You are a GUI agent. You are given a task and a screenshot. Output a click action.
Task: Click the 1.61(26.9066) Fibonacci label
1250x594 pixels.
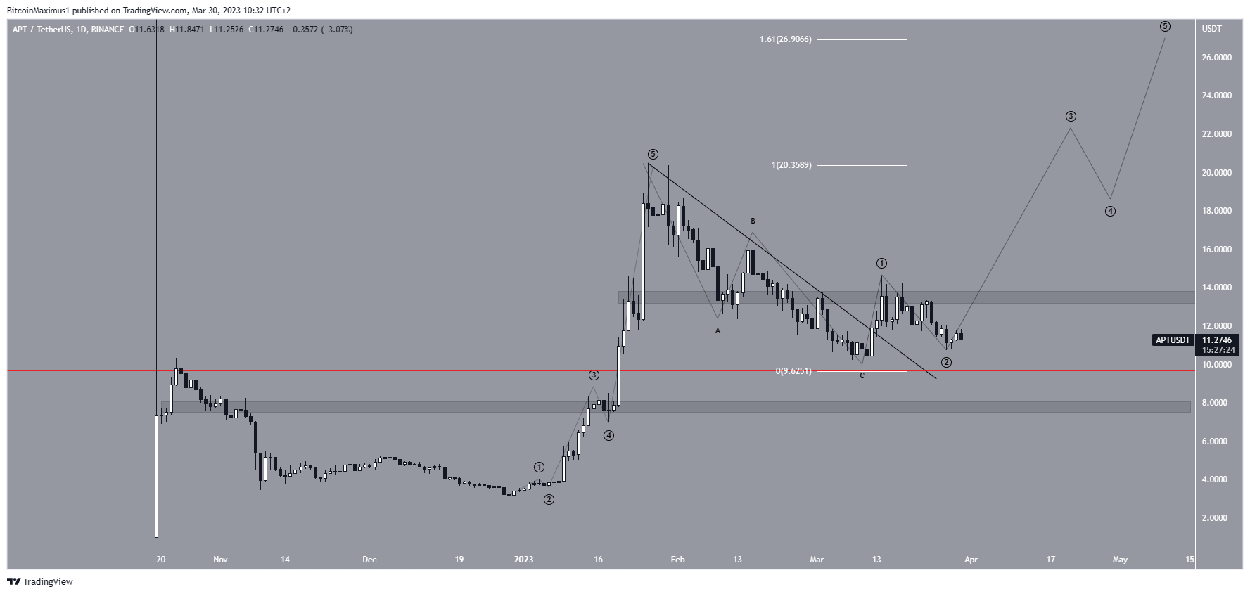click(x=785, y=39)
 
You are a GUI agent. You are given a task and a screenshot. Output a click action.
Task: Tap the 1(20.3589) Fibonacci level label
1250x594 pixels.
click(x=791, y=165)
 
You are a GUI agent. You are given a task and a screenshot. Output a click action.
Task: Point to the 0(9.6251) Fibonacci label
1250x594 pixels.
click(x=793, y=371)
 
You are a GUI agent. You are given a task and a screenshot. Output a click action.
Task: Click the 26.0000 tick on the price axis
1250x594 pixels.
click(x=1216, y=58)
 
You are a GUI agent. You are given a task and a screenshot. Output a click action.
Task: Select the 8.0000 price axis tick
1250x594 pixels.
click(x=1216, y=403)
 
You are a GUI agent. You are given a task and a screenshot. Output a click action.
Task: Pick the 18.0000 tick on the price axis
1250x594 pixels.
click(x=1216, y=211)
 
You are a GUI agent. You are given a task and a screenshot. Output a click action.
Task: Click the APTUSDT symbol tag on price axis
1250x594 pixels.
click(x=1173, y=340)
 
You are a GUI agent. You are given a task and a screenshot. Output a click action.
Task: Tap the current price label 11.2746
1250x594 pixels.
click(x=1217, y=340)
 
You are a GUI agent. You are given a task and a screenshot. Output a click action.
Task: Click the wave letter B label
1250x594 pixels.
click(x=753, y=221)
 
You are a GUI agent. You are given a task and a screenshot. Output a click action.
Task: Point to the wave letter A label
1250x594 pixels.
click(x=718, y=330)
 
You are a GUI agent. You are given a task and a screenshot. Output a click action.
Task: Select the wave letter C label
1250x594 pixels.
click(x=862, y=376)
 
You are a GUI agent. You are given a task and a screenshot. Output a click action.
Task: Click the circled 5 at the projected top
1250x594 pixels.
click(x=1165, y=27)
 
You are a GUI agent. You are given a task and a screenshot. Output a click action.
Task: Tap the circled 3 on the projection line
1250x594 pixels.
click(x=1071, y=117)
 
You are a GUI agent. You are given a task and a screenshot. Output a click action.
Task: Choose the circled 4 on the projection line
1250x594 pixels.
click(x=1110, y=211)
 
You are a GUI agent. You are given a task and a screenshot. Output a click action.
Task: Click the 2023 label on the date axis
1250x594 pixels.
click(x=523, y=560)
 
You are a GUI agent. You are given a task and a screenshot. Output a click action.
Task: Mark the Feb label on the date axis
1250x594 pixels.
click(x=677, y=560)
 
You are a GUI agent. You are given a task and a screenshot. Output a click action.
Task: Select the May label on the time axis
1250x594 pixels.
click(x=1120, y=560)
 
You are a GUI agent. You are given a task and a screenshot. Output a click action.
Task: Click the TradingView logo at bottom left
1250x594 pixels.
click(x=40, y=581)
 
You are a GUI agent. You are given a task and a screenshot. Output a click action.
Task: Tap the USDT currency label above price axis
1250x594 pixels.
click(x=1212, y=29)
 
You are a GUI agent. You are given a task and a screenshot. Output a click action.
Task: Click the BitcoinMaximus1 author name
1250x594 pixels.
click(x=39, y=11)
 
